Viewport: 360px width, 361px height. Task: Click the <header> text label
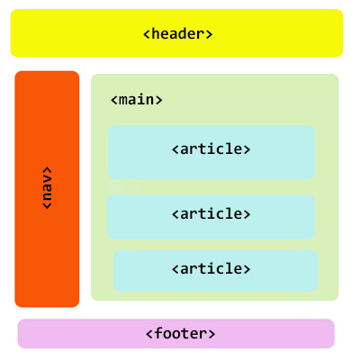point(178,33)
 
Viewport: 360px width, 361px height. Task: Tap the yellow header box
point(176,33)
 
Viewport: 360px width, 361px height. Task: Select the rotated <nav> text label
point(47,188)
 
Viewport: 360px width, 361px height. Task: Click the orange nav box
point(47,189)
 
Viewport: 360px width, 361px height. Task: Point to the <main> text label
point(137,99)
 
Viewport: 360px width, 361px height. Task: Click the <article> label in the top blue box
point(211,149)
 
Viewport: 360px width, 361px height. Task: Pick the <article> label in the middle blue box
point(211,213)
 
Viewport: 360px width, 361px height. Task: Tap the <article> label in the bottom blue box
point(211,268)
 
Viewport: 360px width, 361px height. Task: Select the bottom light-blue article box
point(215,271)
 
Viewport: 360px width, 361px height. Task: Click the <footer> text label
point(181,333)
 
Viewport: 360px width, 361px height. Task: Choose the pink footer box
point(176,333)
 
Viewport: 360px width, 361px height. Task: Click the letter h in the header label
point(156,33)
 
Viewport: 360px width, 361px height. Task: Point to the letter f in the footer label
point(159,333)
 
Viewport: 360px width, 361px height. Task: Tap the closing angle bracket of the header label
point(209,34)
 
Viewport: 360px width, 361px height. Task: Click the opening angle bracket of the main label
point(113,100)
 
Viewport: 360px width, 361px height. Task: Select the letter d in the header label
point(183,33)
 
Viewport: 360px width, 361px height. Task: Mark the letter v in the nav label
point(47,179)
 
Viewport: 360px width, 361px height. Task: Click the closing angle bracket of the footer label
point(211,334)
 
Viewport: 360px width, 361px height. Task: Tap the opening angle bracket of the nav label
point(47,205)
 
